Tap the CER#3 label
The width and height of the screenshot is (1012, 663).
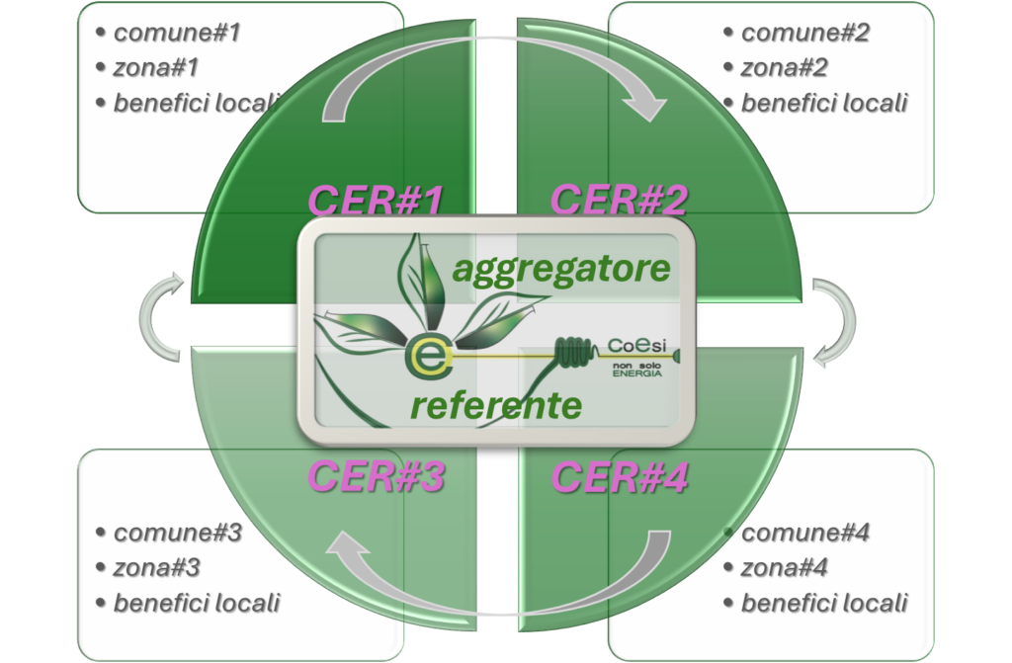coord(376,476)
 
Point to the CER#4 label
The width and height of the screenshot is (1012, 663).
coord(619,476)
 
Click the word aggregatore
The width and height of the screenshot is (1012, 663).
coord(560,268)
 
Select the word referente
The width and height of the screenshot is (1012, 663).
coord(495,403)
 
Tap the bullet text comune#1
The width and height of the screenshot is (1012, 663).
coord(177,33)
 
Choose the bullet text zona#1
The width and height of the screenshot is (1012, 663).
coord(156,68)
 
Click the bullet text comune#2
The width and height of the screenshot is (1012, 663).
coord(804,33)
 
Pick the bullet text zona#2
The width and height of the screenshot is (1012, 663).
coord(784,68)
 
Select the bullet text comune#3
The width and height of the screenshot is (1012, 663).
coord(177,533)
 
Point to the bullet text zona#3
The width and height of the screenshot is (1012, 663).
coord(156,568)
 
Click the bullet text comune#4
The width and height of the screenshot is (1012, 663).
coord(804,534)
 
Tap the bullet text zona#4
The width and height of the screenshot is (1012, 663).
coord(784,568)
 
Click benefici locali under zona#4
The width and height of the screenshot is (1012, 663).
coord(823,603)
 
